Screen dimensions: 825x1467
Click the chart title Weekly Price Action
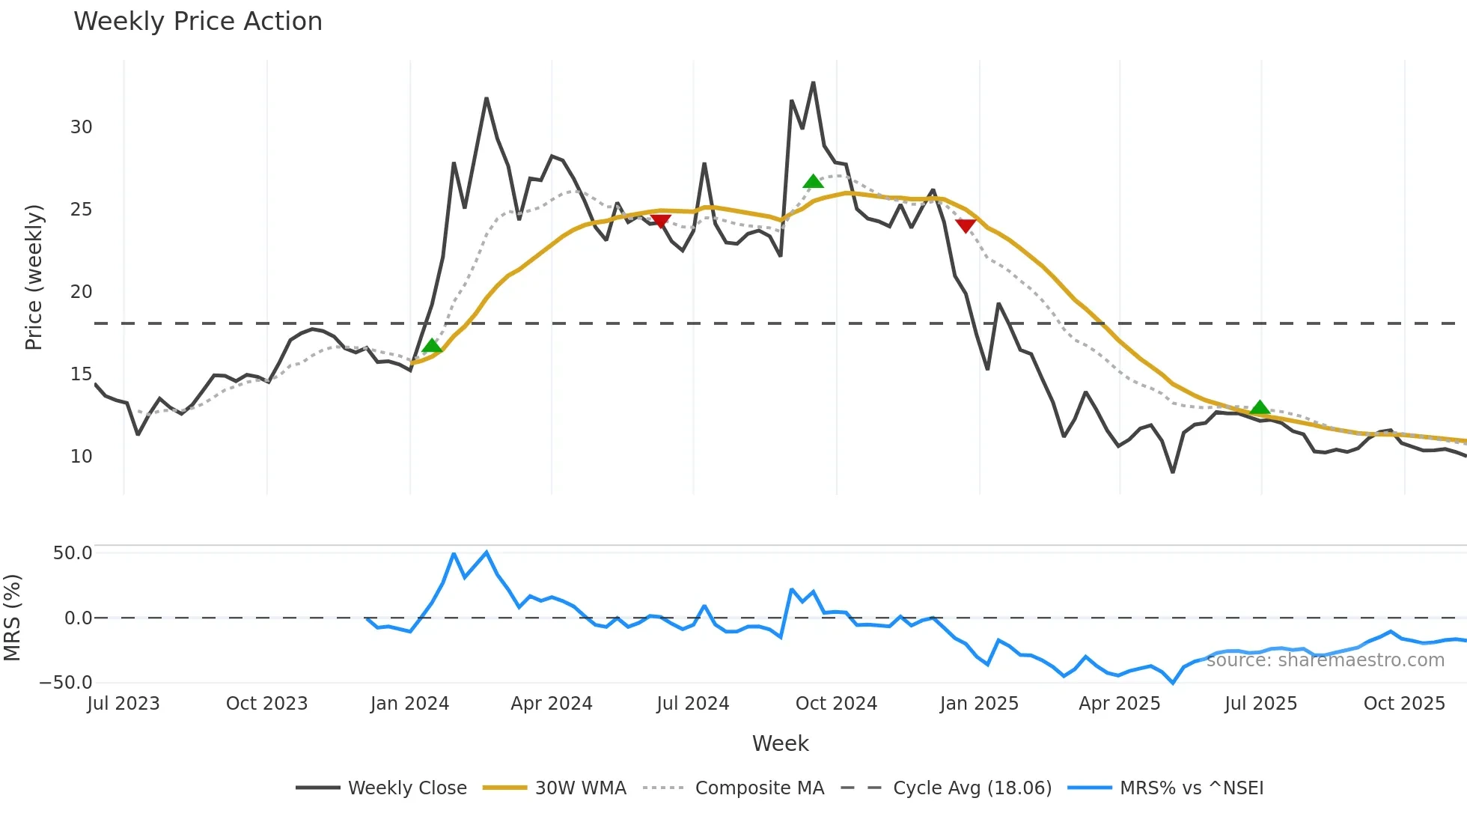pyautogui.click(x=198, y=22)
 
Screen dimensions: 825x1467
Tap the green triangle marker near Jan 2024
pyautogui.click(x=432, y=346)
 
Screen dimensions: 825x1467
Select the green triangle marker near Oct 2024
pyautogui.click(x=813, y=182)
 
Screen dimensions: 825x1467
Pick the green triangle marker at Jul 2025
pyautogui.click(x=1260, y=408)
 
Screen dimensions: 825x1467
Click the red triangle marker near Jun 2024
pyautogui.click(x=660, y=221)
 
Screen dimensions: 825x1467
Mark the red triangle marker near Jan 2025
pyautogui.click(x=966, y=225)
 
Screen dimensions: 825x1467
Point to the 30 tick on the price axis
pyautogui.click(x=82, y=127)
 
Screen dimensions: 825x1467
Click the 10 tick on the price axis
pyautogui.click(x=82, y=457)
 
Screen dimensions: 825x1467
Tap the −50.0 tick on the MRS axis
pyautogui.click(x=66, y=683)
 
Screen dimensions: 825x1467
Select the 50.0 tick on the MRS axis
pyautogui.click(x=73, y=553)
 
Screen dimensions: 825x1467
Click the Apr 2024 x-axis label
pyautogui.click(x=552, y=704)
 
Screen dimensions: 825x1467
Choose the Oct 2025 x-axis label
pyautogui.click(x=1404, y=704)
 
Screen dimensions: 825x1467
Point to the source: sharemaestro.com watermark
pyautogui.click(x=1325, y=660)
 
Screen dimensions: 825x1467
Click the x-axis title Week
pyautogui.click(x=780, y=743)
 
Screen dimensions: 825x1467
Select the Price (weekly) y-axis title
pyautogui.click(x=34, y=277)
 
